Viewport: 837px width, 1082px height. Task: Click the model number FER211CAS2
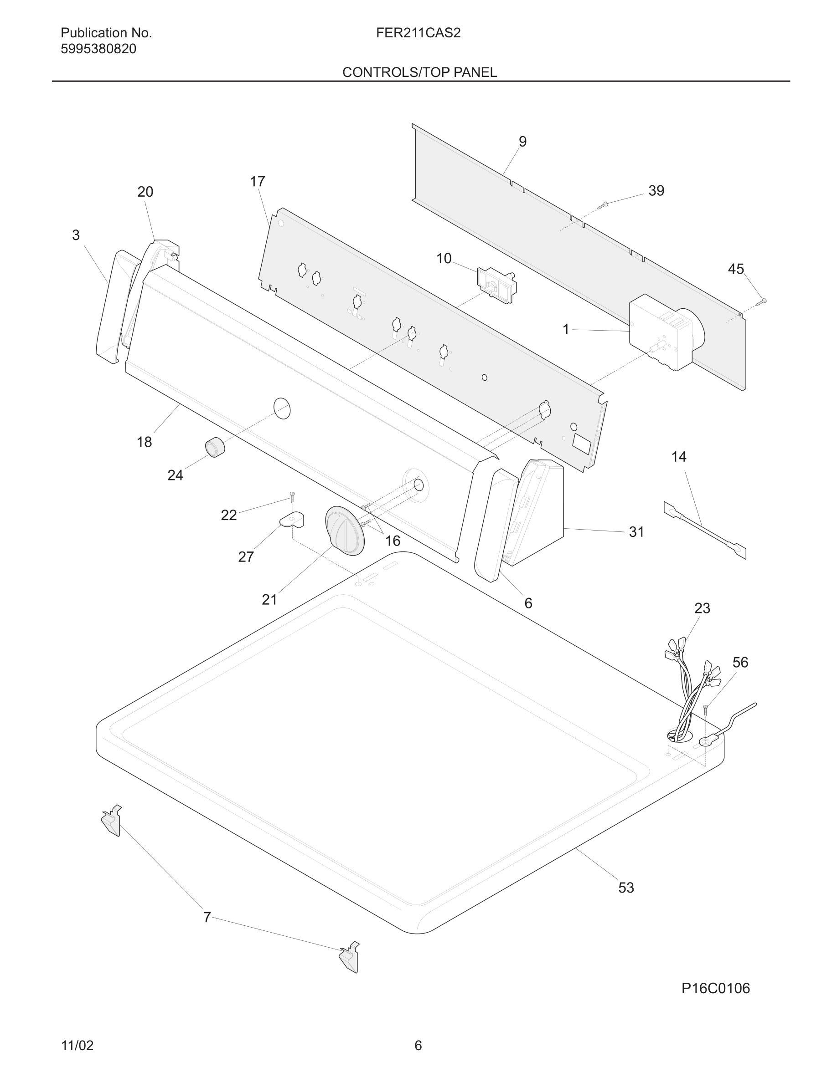tap(418, 33)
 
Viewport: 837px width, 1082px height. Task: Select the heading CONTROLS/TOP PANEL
tap(419, 72)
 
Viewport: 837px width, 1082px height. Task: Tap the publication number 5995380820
tap(98, 49)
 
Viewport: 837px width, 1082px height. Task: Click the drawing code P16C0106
tap(715, 988)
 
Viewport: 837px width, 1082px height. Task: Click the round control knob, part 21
tap(345, 531)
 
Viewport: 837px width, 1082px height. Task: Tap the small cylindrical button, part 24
tap(215, 447)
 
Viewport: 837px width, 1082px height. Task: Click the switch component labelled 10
tap(496, 285)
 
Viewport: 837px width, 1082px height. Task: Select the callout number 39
tap(656, 191)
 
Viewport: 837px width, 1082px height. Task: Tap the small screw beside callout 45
tap(763, 301)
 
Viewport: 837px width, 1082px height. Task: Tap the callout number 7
tap(207, 918)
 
